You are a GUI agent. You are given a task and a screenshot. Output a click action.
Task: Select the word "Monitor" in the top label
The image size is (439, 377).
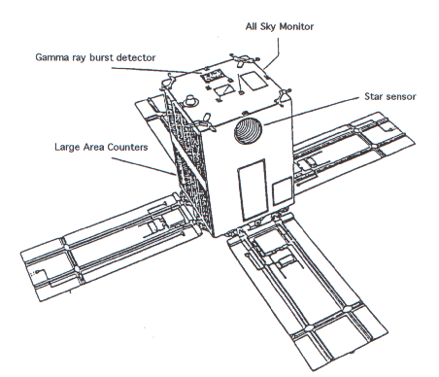pyautogui.click(x=296, y=26)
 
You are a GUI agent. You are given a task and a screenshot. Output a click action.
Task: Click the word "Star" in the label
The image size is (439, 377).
pyautogui.click(x=373, y=96)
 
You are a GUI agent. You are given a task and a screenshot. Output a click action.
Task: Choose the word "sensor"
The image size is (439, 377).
pyautogui.click(x=400, y=97)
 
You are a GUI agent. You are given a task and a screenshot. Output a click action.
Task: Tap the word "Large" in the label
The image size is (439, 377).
pyautogui.click(x=67, y=148)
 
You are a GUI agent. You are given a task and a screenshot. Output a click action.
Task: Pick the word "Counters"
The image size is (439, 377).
pyautogui.click(x=127, y=147)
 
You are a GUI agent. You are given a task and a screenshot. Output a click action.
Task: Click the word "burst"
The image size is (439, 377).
pyautogui.click(x=101, y=57)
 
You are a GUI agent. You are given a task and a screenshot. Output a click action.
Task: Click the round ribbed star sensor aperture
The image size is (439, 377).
pyautogui.click(x=248, y=130)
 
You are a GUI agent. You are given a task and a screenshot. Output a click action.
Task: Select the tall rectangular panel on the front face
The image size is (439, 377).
pyautogui.click(x=253, y=188)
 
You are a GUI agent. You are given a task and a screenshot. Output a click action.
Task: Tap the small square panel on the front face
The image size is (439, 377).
pyautogui.click(x=282, y=191)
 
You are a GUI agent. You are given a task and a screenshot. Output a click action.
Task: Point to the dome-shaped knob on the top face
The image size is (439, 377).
pyautogui.click(x=190, y=100)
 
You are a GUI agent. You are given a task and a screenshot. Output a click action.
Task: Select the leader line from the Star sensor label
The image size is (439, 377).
pyautogui.click(x=312, y=111)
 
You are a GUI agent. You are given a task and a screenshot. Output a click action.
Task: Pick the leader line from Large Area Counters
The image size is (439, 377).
pyautogui.click(x=144, y=166)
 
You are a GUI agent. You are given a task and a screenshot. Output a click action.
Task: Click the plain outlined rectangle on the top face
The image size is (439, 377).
pyautogui.click(x=254, y=80)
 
